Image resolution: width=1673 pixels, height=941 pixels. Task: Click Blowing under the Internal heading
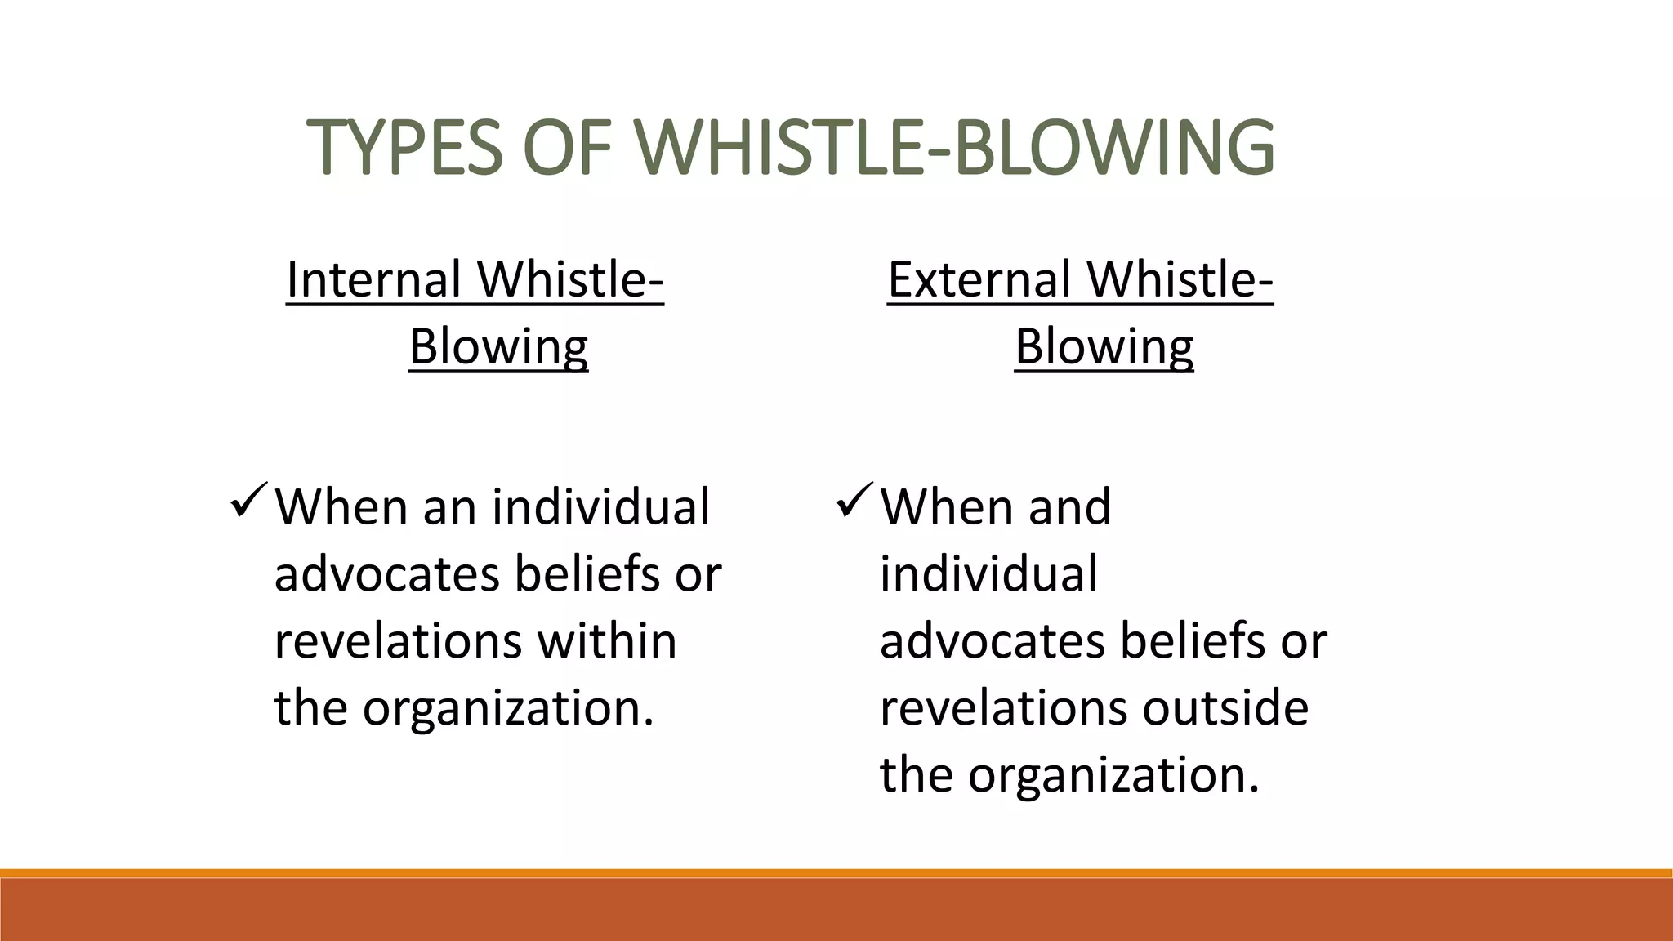pyautogui.click(x=498, y=346)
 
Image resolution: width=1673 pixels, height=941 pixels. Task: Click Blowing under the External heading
pyautogui.click(x=1104, y=346)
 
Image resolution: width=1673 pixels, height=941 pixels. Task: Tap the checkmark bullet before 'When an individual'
pyautogui.click(x=249, y=501)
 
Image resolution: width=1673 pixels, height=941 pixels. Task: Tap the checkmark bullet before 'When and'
pyautogui.click(x=854, y=501)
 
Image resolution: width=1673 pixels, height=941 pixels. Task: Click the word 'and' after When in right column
pyautogui.click(x=1069, y=507)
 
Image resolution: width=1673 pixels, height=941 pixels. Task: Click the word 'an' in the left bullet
pyautogui.click(x=448, y=507)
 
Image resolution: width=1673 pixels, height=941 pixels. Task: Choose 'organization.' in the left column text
pyautogui.click(x=508, y=708)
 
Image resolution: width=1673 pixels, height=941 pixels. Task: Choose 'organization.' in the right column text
pyautogui.click(x=1113, y=775)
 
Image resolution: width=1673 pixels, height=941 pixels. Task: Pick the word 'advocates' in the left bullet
pyautogui.click(x=386, y=574)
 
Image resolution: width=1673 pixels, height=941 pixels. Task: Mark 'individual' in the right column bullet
pyautogui.click(x=988, y=574)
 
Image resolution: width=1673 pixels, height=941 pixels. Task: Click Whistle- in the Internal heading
pyautogui.click(x=570, y=279)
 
